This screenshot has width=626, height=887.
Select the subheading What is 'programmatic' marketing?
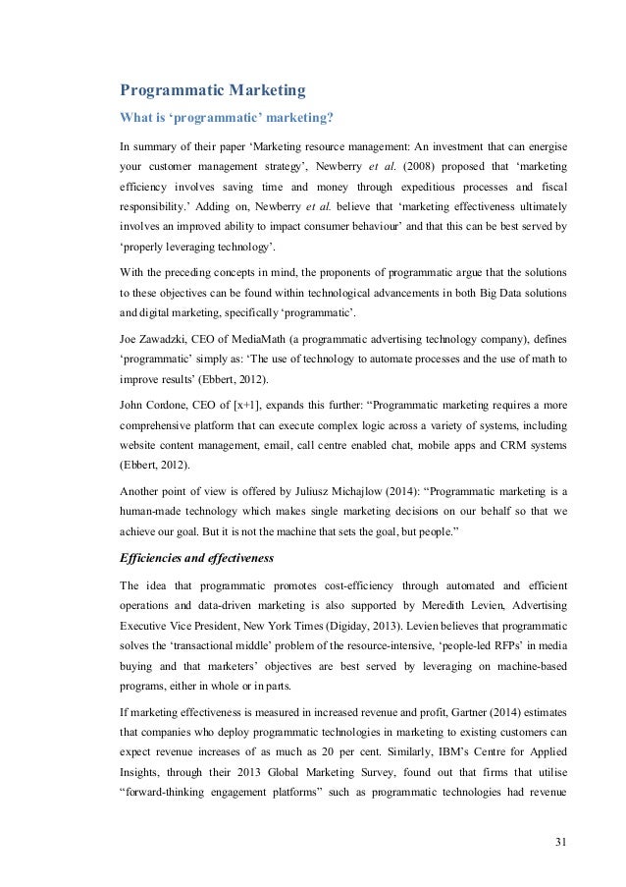coord(226,121)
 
